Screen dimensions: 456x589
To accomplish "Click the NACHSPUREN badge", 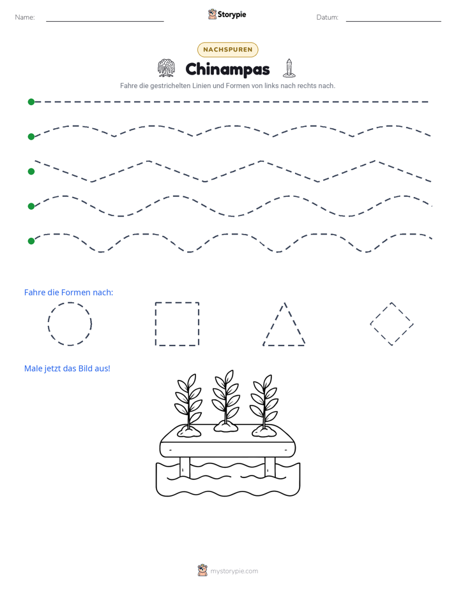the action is tap(227, 50).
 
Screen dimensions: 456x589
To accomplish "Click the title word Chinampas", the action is tap(227, 69).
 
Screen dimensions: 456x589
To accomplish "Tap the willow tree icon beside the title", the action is tap(166, 68).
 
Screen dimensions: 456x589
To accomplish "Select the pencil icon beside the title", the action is tap(289, 68).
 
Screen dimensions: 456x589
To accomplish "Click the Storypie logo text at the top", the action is tap(232, 15).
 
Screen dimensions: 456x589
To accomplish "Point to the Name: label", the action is tap(25, 17).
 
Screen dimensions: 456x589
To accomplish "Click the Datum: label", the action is tap(328, 17).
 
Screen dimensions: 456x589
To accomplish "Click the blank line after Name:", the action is tap(105, 21).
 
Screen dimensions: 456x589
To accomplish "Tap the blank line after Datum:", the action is tap(393, 21).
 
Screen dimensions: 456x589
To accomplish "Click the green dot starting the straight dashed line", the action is tap(31, 102).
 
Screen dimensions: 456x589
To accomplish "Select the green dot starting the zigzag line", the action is tap(31, 171).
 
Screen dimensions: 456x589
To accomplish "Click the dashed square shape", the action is tap(155, 324).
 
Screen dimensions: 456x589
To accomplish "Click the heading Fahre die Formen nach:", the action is tap(68, 292).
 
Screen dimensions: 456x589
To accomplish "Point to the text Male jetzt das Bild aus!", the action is tap(67, 368).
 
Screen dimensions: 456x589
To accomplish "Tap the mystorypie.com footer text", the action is tap(234, 571).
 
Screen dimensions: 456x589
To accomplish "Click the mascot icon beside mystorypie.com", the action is tap(202, 571).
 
